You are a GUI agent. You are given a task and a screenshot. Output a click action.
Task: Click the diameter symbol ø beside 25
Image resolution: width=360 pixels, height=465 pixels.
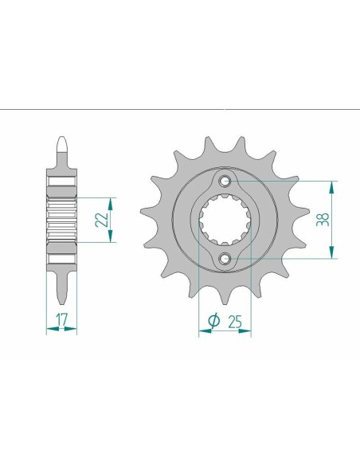point(214,320)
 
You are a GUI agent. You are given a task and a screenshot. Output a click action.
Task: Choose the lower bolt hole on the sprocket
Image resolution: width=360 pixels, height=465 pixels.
point(225,257)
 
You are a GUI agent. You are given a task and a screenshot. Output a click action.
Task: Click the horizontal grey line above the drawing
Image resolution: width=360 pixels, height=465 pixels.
point(180,106)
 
